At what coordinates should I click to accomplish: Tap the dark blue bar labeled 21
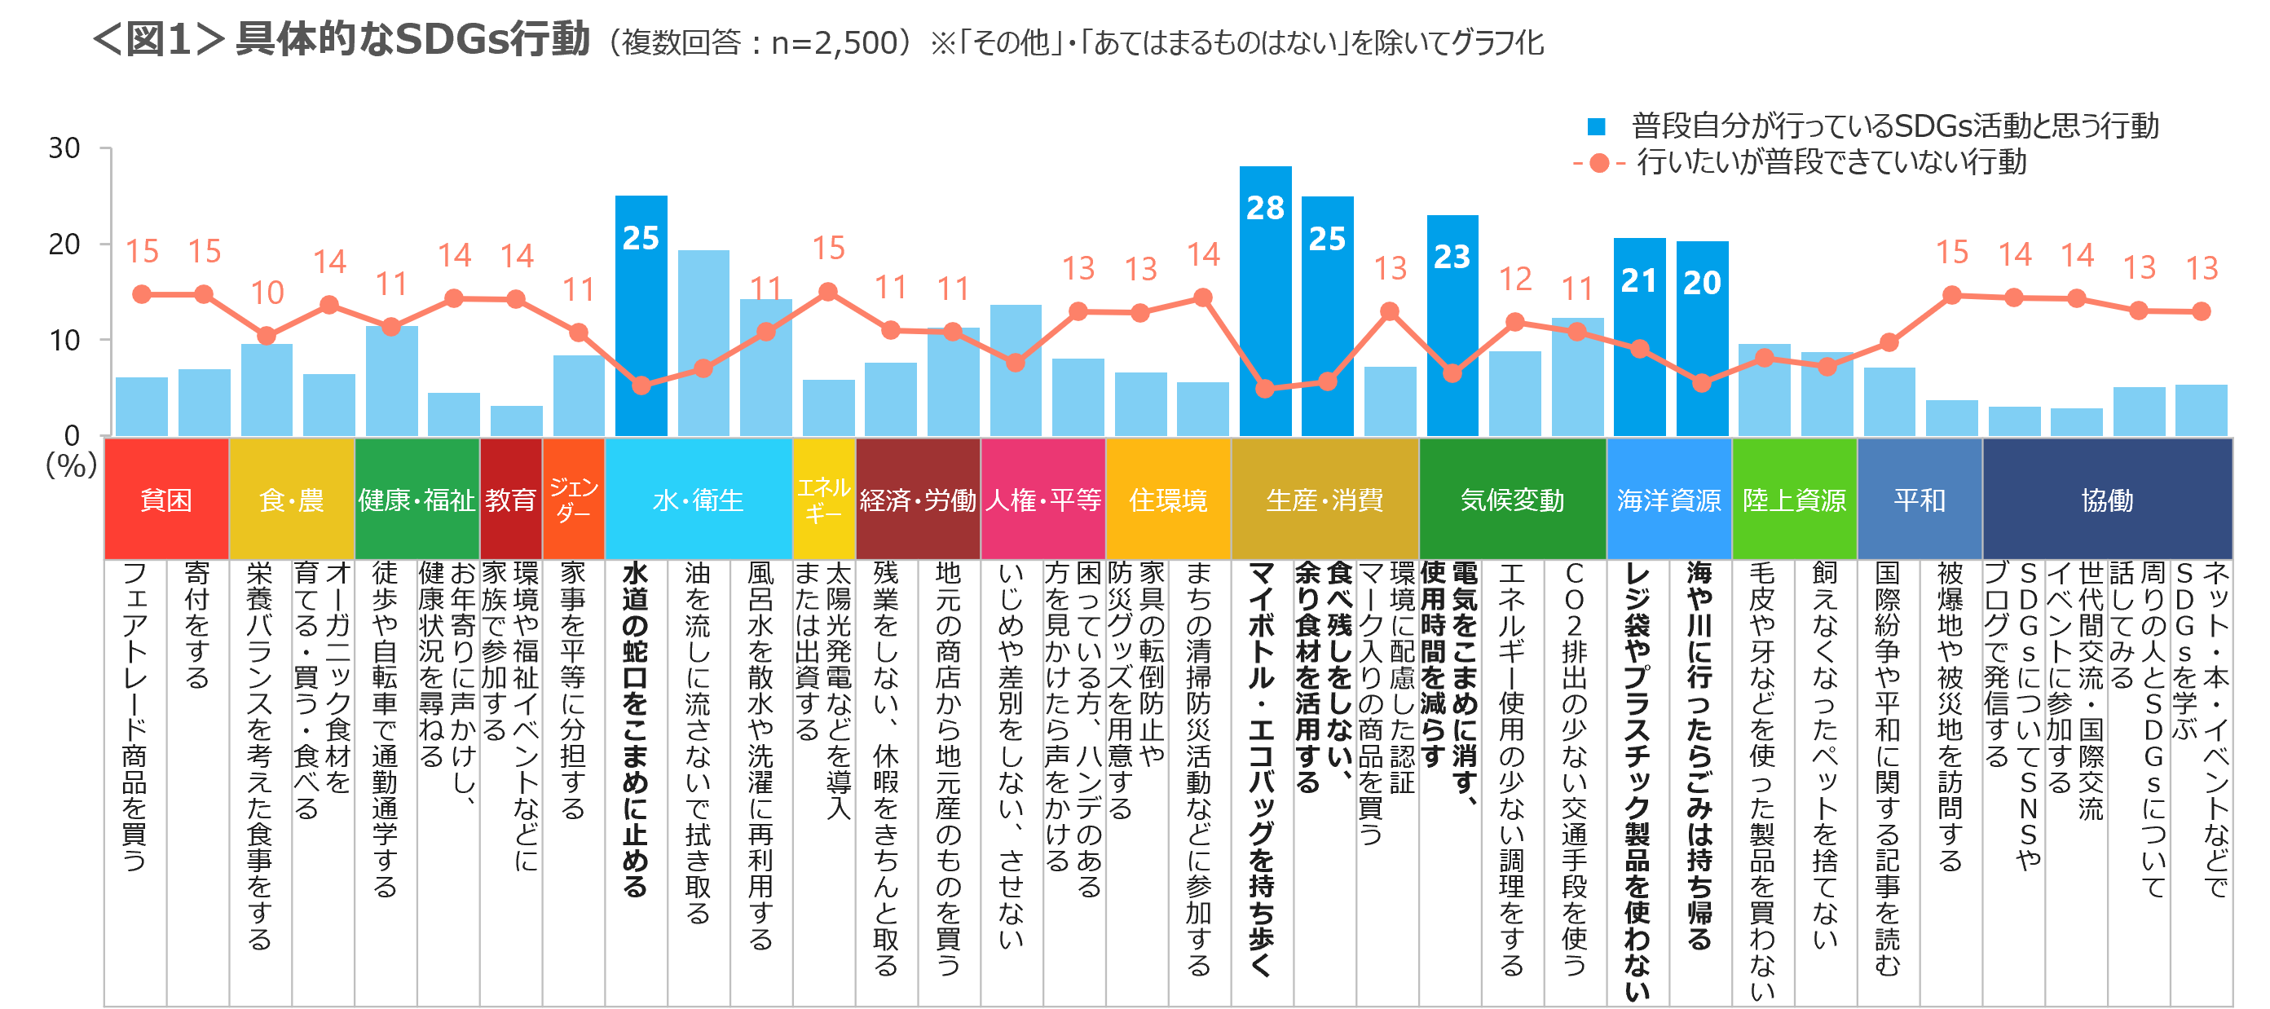pyautogui.click(x=1639, y=336)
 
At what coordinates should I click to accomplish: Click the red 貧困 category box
pyautogui.click(x=166, y=499)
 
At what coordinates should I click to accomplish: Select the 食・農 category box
pyautogui.click(x=292, y=499)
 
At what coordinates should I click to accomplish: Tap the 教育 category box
pyautogui.click(x=511, y=499)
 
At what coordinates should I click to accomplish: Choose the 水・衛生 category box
pyautogui.click(x=698, y=499)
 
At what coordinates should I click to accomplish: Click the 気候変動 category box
pyautogui.click(x=1512, y=499)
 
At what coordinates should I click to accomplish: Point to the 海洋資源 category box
pyautogui.click(x=1669, y=499)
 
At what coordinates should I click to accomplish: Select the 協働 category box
pyautogui.click(x=2107, y=499)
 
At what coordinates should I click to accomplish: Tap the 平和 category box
pyautogui.click(x=1920, y=499)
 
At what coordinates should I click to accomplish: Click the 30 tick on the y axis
pyautogui.click(x=64, y=148)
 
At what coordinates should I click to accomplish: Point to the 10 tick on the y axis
pyautogui.click(x=64, y=340)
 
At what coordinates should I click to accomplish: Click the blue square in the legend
pyautogui.click(x=1596, y=127)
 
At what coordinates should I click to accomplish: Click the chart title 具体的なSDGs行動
pyautogui.click(x=412, y=40)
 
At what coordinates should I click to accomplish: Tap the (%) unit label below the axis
pyautogui.click(x=70, y=465)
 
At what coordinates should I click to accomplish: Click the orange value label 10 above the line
pyautogui.click(x=267, y=293)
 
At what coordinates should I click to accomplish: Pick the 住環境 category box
pyautogui.click(x=1168, y=499)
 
